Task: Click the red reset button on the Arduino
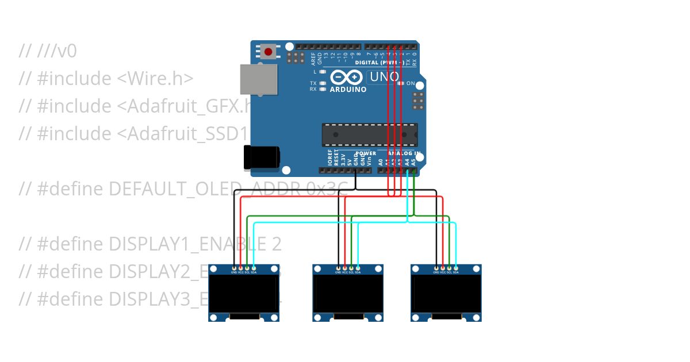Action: pyautogui.click(x=268, y=52)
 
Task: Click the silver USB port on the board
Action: pyautogui.click(x=258, y=79)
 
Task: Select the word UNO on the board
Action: pyautogui.click(x=384, y=77)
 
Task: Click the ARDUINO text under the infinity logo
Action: pyautogui.click(x=348, y=90)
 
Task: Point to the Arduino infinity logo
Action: pyautogui.click(x=346, y=77)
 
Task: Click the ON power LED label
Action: pyautogui.click(x=411, y=84)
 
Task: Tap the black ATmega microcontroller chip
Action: pyautogui.click(x=369, y=134)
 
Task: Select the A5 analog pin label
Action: pyautogui.click(x=413, y=163)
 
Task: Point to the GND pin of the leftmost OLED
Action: pyautogui.click(x=234, y=268)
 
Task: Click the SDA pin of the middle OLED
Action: pyautogui.click(x=358, y=268)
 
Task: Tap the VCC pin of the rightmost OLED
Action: pyautogui.click(x=443, y=268)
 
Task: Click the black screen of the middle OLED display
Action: pyautogui.click(x=348, y=292)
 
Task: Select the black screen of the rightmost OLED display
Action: pyautogui.click(x=446, y=292)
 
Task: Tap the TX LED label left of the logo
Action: pyautogui.click(x=313, y=83)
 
